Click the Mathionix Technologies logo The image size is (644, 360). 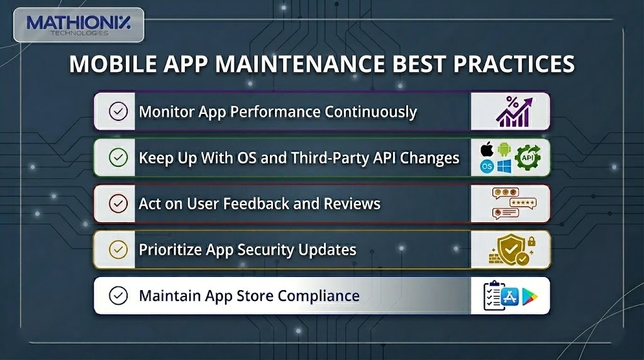click(x=78, y=25)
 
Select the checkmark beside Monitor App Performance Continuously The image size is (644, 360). click(x=118, y=111)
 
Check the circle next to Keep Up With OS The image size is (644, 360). click(x=118, y=157)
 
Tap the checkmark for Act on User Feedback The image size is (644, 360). click(x=118, y=203)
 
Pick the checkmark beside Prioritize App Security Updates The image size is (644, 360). click(x=118, y=249)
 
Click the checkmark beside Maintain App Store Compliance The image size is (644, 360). click(x=118, y=295)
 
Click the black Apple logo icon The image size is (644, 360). click(x=486, y=150)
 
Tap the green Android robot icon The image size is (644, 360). click(x=504, y=150)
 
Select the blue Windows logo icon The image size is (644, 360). click(x=504, y=167)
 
